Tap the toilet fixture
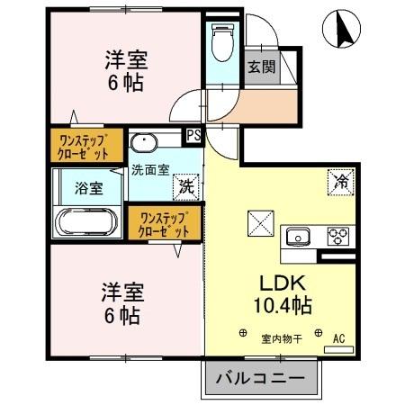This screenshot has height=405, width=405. coord(221,40)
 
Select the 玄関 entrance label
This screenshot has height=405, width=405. coord(261,67)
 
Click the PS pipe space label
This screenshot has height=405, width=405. coord(193,136)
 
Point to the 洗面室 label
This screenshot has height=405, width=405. coord(148,168)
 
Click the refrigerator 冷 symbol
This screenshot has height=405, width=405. coord(341,180)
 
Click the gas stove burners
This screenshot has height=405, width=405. coord(338,237)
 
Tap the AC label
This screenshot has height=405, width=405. coord(339,338)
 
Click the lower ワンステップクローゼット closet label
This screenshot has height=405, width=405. coord(163,224)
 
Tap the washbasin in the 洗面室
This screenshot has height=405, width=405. coord(144,142)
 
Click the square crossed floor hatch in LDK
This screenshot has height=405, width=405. coord(258,221)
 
